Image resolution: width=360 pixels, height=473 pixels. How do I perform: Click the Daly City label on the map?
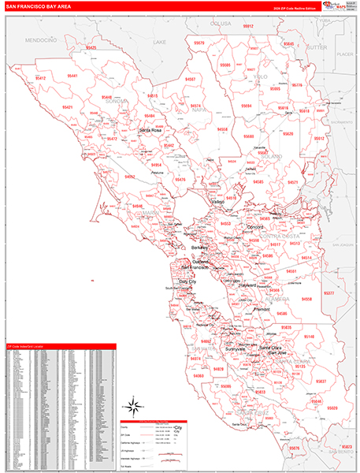tap(188, 281)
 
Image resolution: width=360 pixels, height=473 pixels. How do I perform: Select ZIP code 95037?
tap(321, 381)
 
